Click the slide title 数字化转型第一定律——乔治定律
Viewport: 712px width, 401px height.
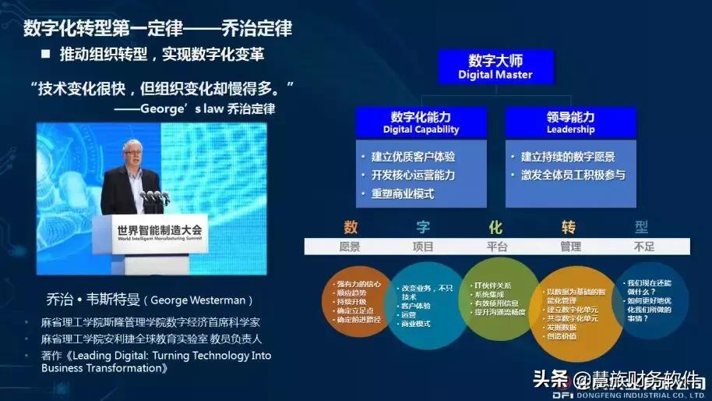coord(157,29)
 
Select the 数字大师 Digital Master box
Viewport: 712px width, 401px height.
coord(495,67)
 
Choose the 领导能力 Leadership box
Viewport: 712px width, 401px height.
coord(570,122)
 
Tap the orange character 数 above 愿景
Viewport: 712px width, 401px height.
coord(350,228)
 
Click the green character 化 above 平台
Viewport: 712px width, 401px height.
coord(495,228)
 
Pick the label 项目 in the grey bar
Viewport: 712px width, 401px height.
coord(422,247)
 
